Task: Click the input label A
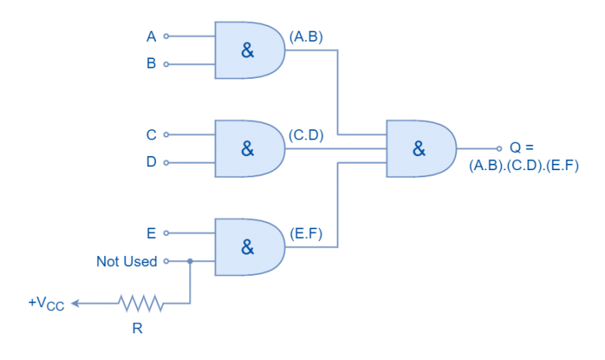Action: tap(151, 36)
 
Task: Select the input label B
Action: tap(151, 64)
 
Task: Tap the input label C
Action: tap(151, 135)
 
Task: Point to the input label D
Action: tap(151, 162)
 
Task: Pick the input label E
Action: tap(151, 233)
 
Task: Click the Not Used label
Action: tap(127, 261)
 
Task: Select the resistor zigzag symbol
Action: tap(140, 302)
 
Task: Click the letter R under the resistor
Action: tap(137, 328)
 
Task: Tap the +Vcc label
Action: tap(46, 303)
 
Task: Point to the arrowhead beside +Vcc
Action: tap(75, 302)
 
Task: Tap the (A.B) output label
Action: tap(306, 37)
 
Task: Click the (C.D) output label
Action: tap(306, 135)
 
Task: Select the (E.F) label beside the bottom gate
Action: tap(306, 233)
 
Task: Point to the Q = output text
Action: tap(521, 147)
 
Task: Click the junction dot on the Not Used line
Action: tap(190, 261)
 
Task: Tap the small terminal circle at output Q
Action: tap(499, 148)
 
